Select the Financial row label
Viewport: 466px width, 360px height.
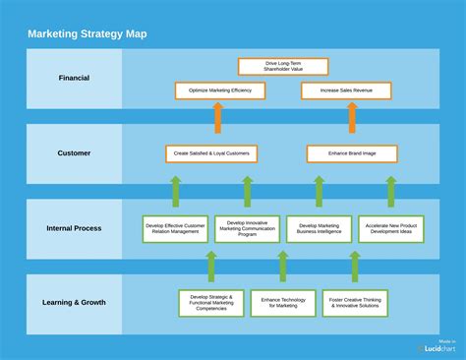coord(74,78)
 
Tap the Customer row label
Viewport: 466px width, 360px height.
coord(74,152)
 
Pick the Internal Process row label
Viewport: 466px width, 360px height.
coord(74,228)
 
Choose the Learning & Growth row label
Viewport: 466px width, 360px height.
coord(74,302)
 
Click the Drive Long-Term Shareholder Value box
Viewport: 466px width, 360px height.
coord(283,67)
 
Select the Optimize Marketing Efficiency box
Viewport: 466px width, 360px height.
coord(219,90)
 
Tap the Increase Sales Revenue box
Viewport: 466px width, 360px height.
coord(345,90)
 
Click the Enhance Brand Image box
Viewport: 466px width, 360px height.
coord(352,153)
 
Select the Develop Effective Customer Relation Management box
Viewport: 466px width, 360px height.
coord(175,229)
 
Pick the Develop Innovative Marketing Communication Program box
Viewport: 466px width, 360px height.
coord(247,229)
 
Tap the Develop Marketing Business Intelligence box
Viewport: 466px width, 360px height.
coord(319,229)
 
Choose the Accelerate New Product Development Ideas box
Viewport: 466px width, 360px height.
coord(390,229)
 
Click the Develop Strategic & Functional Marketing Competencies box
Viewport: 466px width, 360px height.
coord(211,303)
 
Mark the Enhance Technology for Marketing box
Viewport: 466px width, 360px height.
coord(282,303)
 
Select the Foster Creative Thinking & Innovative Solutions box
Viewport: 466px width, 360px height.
coord(354,303)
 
